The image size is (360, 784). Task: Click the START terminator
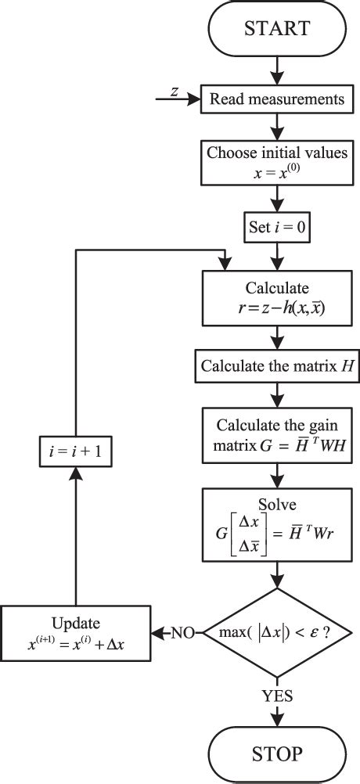277,28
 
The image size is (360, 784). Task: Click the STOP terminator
277,753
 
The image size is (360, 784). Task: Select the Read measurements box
277,99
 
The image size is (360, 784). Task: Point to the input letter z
175,92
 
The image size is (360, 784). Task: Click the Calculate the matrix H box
277,365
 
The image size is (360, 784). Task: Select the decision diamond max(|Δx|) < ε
277,631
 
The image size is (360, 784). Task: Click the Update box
76,631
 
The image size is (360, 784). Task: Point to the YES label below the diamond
278,695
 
